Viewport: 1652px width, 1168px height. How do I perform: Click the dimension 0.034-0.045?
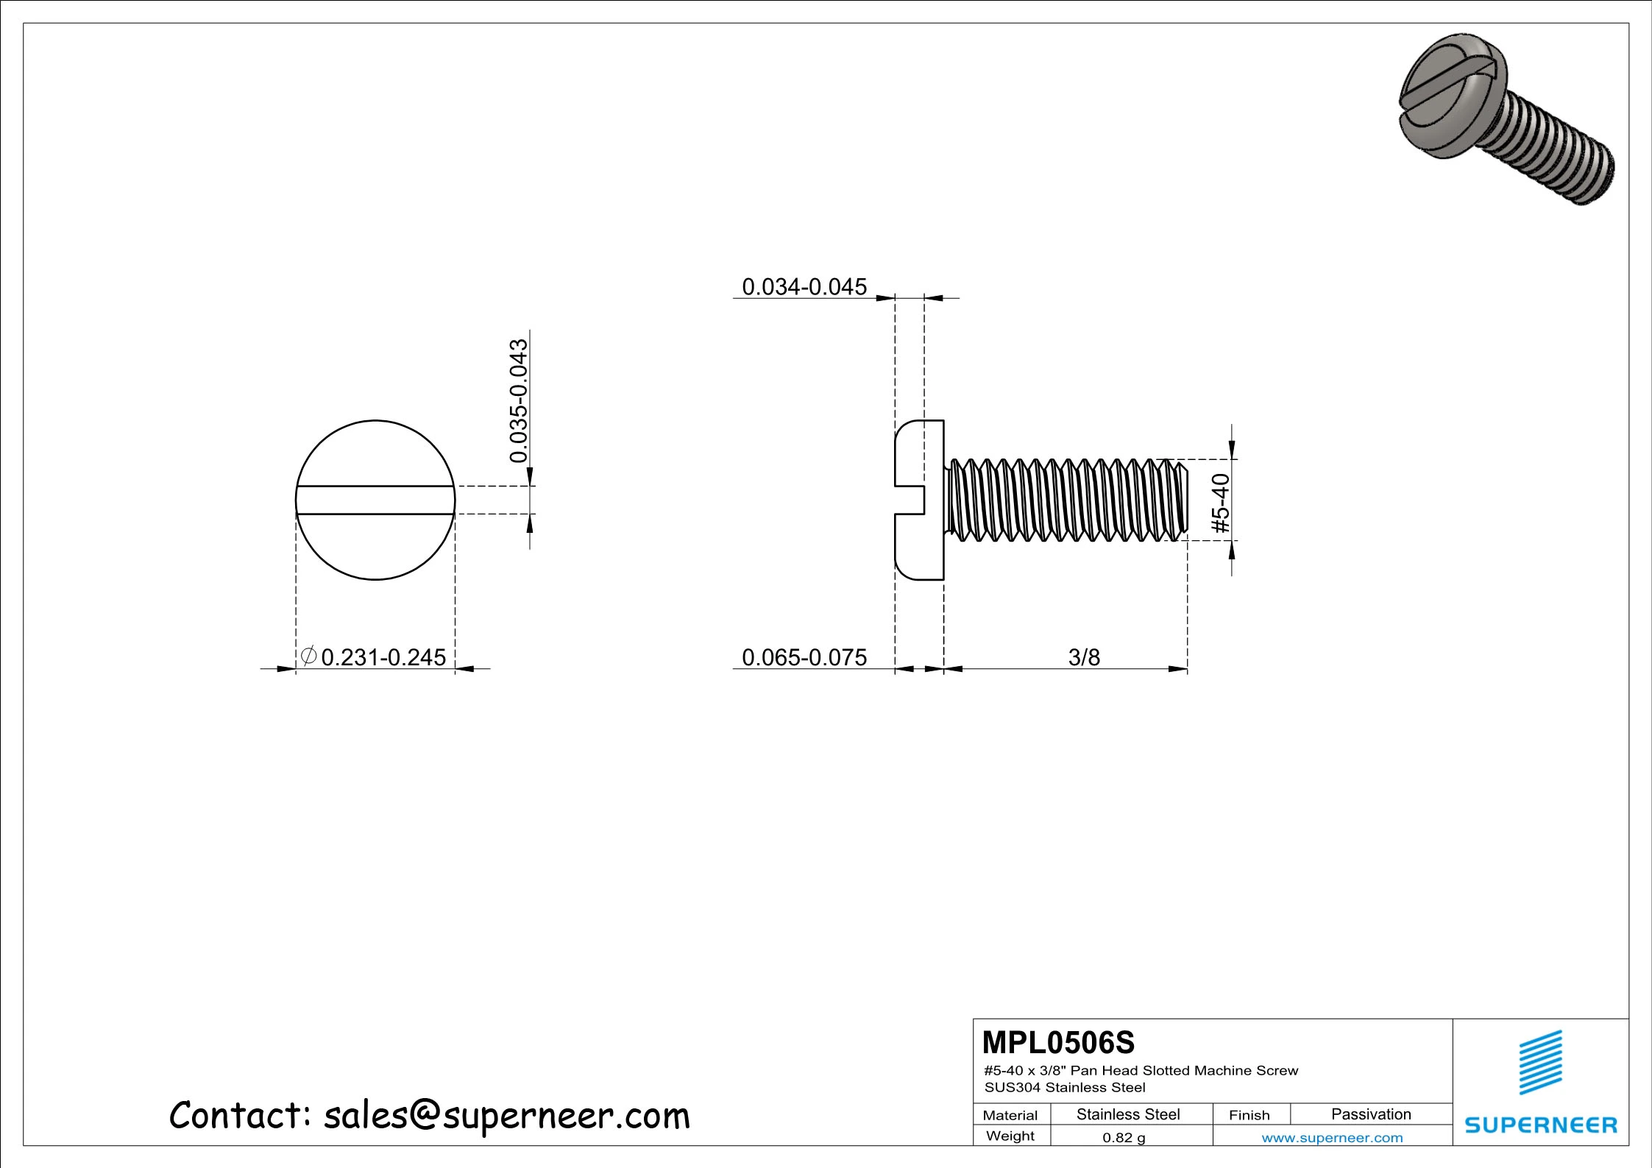click(x=804, y=286)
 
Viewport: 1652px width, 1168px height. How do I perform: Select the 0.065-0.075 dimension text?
click(x=804, y=657)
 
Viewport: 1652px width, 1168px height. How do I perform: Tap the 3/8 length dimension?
click(x=1083, y=657)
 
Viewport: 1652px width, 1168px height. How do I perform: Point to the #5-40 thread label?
click(x=1221, y=503)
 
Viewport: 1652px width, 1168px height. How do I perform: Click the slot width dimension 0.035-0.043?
click(x=519, y=400)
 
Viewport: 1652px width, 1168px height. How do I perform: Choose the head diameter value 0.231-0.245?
click(x=383, y=657)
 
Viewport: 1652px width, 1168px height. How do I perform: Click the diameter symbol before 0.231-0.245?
click(x=308, y=655)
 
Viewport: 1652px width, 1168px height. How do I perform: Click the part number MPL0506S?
click(x=1058, y=1043)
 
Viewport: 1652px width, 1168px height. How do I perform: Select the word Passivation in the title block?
click(x=1370, y=1114)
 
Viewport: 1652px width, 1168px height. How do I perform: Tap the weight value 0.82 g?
click(x=1123, y=1138)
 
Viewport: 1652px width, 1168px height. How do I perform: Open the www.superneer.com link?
click(x=1332, y=1138)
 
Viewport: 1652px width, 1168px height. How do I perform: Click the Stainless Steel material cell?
click(x=1127, y=1114)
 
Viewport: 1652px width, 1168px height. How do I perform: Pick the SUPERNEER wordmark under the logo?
click(x=1541, y=1125)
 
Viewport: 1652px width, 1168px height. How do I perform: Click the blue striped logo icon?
click(x=1540, y=1062)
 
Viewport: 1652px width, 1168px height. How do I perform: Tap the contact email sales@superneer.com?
click(x=506, y=1116)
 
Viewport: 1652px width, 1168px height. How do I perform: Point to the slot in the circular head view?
click(x=375, y=500)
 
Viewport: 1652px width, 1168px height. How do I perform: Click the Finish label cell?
click(x=1249, y=1115)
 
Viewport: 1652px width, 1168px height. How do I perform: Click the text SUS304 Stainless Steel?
click(x=1064, y=1087)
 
